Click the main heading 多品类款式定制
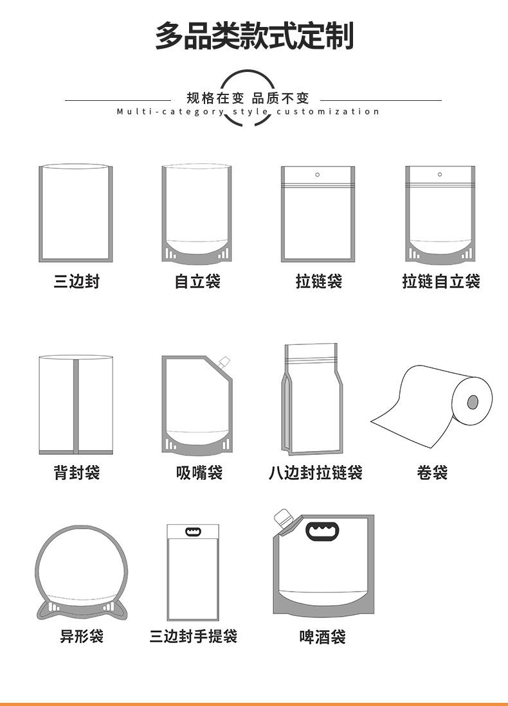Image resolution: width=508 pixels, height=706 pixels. click(x=254, y=36)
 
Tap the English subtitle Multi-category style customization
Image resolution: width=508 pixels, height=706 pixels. click(x=248, y=112)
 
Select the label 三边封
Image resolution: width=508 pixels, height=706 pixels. click(x=77, y=281)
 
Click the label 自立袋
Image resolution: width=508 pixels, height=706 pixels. click(x=197, y=281)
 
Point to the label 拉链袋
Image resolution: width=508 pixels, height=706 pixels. click(x=318, y=281)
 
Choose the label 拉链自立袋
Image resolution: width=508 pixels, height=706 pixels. click(x=440, y=281)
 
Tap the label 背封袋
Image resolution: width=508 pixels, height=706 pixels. click(x=77, y=473)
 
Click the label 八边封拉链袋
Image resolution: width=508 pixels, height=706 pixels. click(x=315, y=473)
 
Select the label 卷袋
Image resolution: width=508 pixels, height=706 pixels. click(x=432, y=473)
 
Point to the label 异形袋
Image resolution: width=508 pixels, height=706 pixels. click(x=82, y=636)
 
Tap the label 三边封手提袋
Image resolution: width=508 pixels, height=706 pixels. click(x=194, y=636)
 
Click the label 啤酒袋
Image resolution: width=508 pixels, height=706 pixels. click(x=322, y=637)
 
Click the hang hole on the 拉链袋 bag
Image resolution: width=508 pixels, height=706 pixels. click(x=318, y=175)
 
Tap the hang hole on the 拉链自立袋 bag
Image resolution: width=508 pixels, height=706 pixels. click(x=440, y=174)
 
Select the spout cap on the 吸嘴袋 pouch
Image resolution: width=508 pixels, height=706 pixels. click(x=224, y=362)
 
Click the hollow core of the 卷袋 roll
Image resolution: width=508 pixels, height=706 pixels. click(x=473, y=403)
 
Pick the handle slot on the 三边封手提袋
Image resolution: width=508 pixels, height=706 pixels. click(x=193, y=532)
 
